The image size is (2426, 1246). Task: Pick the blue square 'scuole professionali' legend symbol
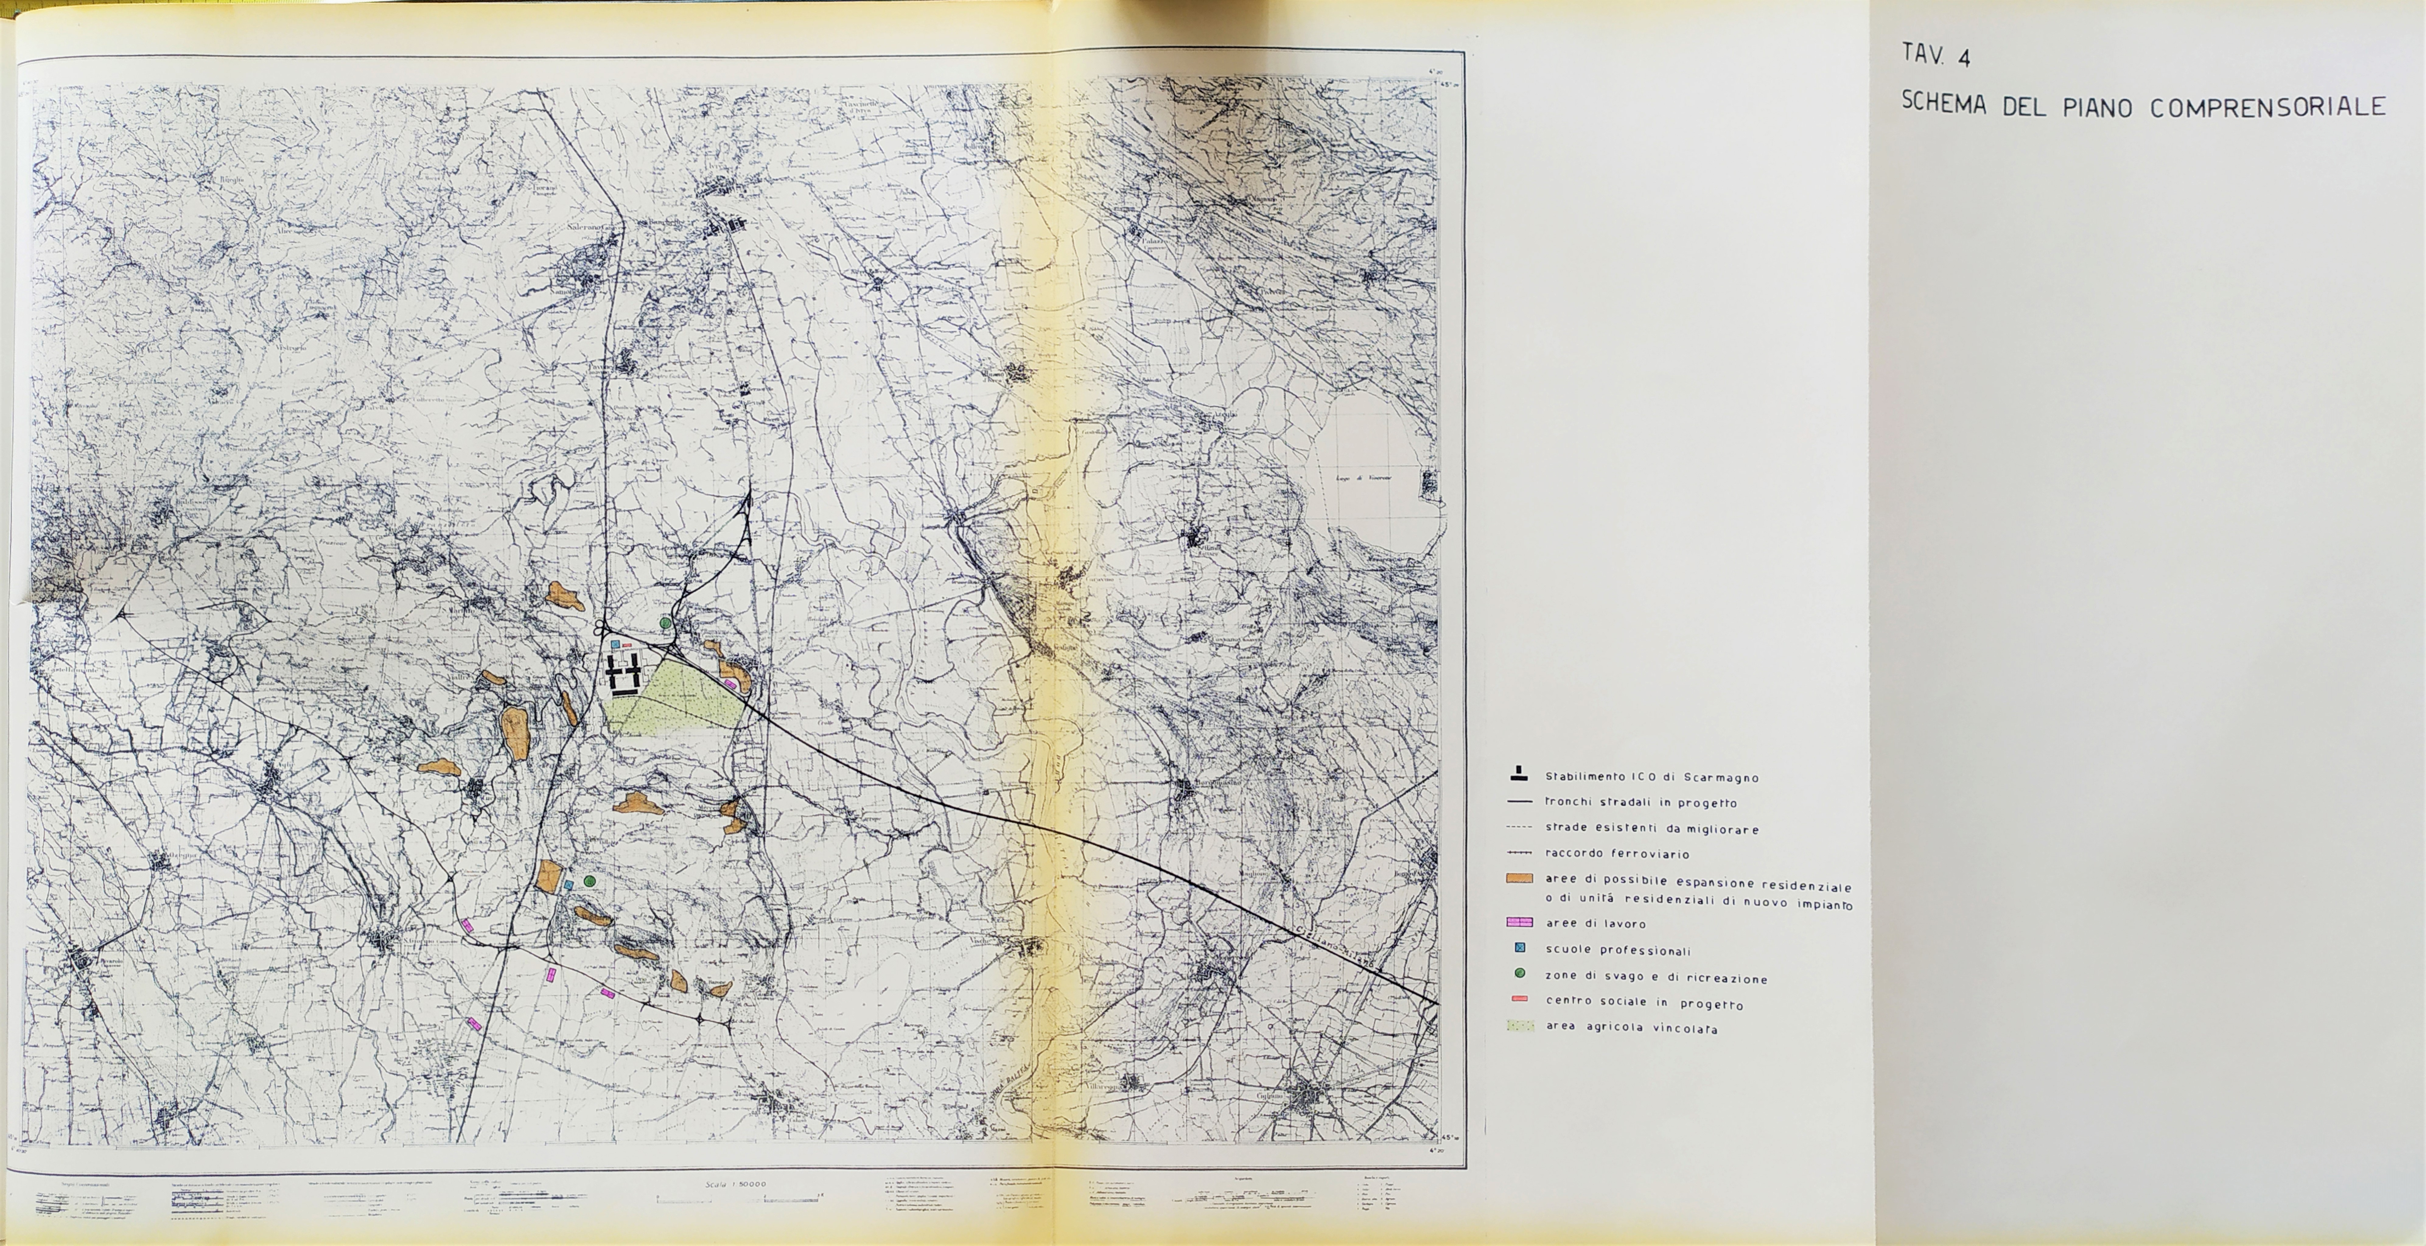point(1519,949)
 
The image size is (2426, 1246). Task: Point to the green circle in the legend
point(1519,974)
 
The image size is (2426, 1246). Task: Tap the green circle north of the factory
point(666,622)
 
